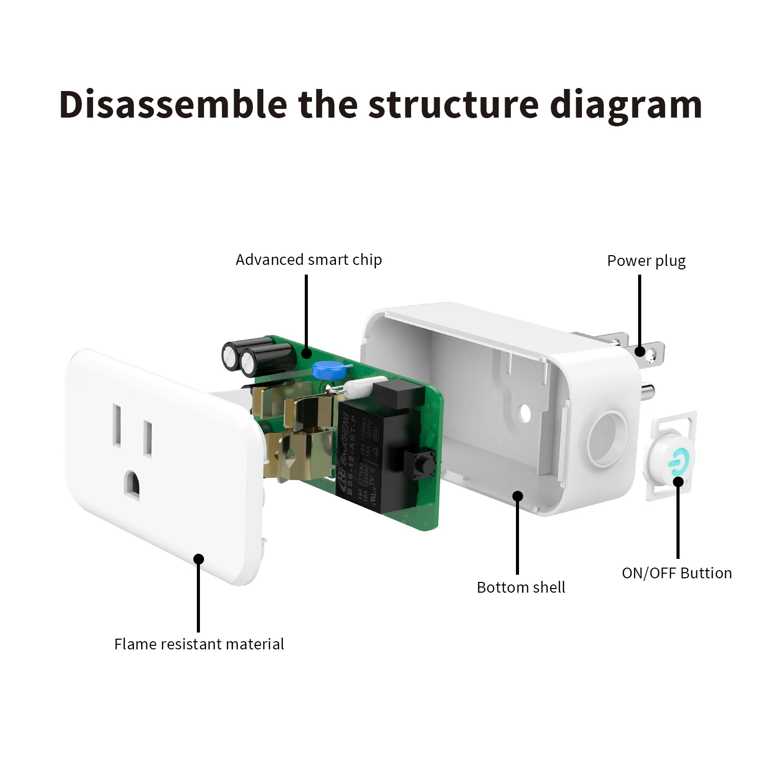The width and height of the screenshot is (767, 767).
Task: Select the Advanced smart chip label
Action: pyautogui.click(x=308, y=260)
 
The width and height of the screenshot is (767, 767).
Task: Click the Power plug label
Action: pyautogui.click(x=646, y=261)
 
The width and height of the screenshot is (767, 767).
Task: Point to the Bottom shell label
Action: pyautogui.click(x=521, y=587)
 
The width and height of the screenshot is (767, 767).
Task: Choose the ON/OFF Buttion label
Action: pyautogui.click(x=676, y=573)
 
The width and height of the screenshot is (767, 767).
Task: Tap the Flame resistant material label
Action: pyautogui.click(x=199, y=644)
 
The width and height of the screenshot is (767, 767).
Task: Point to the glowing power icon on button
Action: pyautogui.click(x=675, y=460)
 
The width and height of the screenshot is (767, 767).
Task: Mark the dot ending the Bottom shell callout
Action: pyautogui.click(x=518, y=495)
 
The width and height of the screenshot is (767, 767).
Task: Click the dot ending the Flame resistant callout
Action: pyautogui.click(x=198, y=559)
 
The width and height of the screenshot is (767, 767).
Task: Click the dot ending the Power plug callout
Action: pyautogui.click(x=640, y=351)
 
